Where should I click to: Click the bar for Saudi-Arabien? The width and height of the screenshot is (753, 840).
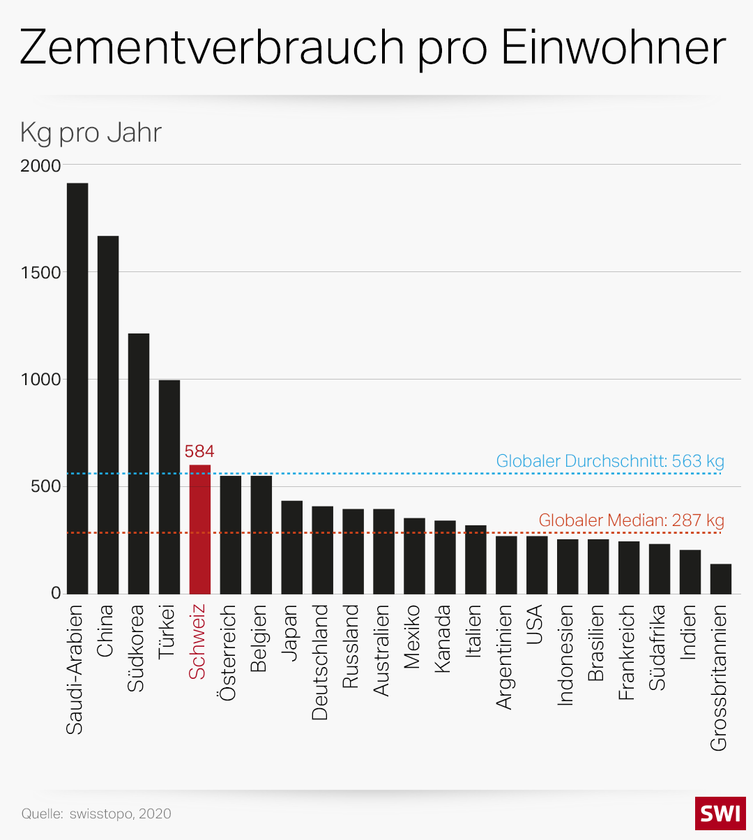[x=77, y=388]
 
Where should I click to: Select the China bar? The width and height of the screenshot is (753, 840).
[x=108, y=414]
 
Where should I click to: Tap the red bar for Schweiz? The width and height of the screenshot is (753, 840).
[x=200, y=529]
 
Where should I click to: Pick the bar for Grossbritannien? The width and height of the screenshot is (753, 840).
[x=721, y=578]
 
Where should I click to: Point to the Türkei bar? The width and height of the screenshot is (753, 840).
[x=169, y=486]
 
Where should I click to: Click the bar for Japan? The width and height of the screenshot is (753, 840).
[x=292, y=547]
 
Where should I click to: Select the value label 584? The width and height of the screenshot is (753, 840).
[x=199, y=451]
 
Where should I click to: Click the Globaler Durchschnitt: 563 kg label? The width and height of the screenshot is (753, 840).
[x=610, y=461]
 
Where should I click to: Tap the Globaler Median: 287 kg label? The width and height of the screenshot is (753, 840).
[x=631, y=520]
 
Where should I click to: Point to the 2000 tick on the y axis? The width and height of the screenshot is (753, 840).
[x=41, y=166]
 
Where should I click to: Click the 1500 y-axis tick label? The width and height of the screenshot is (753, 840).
[x=41, y=273]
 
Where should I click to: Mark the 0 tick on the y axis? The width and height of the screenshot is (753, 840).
[x=56, y=594]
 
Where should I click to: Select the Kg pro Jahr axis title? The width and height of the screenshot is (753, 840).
[x=91, y=133]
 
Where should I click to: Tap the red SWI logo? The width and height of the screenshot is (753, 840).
[x=720, y=813]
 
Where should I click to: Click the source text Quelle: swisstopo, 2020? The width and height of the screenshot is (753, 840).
[x=96, y=814]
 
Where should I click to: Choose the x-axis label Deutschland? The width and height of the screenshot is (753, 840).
[x=320, y=662]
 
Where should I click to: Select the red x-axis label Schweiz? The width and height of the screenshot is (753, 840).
[x=198, y=642]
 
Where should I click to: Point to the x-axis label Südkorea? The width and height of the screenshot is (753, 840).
[x=136, y=648]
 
